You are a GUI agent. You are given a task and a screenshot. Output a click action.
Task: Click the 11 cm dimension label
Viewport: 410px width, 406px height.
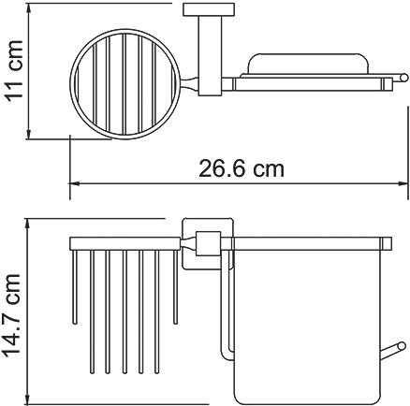click(x=14, y=69)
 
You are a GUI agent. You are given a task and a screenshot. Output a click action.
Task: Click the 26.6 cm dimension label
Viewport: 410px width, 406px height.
click(x=242, y=168)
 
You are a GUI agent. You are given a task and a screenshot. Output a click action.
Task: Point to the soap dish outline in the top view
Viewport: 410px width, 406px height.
click(x=279, y=65)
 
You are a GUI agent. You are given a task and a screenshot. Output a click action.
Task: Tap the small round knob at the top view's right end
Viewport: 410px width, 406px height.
click(x=403, y=78)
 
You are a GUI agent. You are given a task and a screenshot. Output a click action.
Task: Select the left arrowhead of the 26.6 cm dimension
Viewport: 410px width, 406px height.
click(x=73, y=183)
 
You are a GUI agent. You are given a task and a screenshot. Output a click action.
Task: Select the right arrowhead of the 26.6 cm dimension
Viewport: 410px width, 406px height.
click(x=403, y=183)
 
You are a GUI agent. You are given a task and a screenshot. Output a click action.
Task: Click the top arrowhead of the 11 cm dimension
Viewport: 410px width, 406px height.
click(x=28, y=8)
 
